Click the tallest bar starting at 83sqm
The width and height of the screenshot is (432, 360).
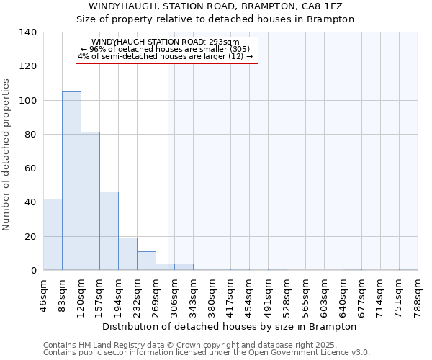pyautogui.click(x=71, y=181)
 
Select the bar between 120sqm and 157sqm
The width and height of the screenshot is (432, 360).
pyautogui.click(x=90, y=201)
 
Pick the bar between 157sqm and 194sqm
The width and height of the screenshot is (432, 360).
pyautogui.click(x=109, y=230)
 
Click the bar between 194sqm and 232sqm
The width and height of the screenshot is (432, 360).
pyautogui.click(x=127, y=253)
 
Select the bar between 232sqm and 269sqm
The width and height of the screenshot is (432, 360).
pyautogui.click(x=146, y=261)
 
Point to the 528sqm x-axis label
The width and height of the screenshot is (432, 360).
pyautogui.click(x=287, y=294)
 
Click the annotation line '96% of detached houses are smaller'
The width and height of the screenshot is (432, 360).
pyautogui.click(x=166, y=49)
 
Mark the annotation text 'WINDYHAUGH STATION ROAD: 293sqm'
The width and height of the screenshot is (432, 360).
pyautogui.click(x=166, y=42)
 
